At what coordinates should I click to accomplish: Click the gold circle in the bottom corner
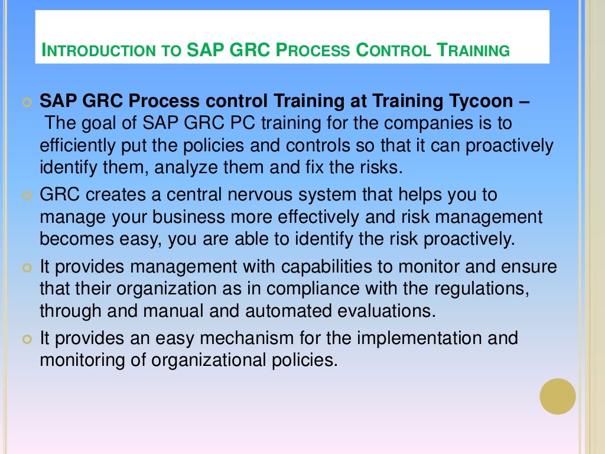(x=558, y=396)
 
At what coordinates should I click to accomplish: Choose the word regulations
(x=479, y=288)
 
